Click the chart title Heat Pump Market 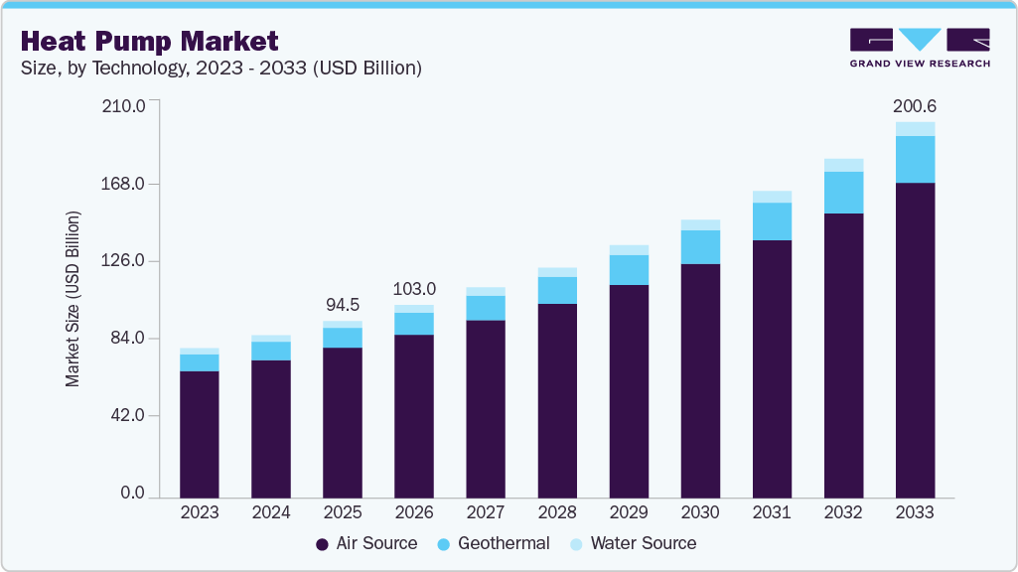(x=149, y=41)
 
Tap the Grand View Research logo (x=919, y=48)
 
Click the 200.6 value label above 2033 (x=915, y=106)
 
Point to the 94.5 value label (x=343, y=305)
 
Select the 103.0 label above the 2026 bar (x=414, y=289)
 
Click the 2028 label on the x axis (x=557, y=512)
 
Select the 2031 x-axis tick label (x=772, y=512)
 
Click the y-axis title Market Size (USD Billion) (x=73, y=298)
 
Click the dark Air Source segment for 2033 (x=915, y=338)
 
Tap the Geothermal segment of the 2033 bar (x=915, y=159)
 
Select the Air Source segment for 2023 (x=200, y=433)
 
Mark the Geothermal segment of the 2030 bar (x=700, y=246)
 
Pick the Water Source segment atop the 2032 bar (x=843, y=165)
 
